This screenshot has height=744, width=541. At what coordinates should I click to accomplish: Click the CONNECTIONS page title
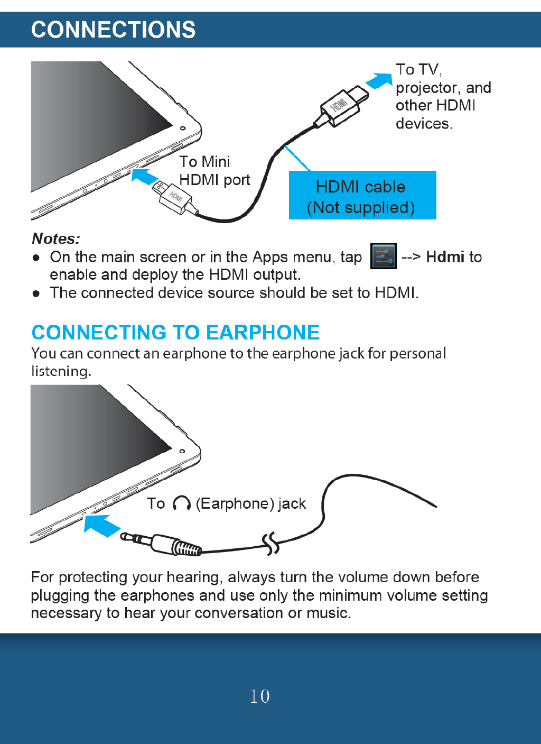coord(113,30)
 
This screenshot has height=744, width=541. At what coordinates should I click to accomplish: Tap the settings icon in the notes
coord(383,256)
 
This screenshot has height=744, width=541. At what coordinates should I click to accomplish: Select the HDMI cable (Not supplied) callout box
coord(362,195)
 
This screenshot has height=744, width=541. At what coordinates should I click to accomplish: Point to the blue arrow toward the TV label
coord(379,80)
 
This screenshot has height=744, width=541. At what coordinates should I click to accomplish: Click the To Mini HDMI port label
coord(213,171)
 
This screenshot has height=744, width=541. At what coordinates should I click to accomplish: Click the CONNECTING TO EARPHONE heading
coord(175,333)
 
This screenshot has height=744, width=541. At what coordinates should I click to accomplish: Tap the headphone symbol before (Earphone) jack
coord(181,503)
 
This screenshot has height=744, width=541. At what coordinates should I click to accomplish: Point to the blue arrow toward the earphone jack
coord(102,525)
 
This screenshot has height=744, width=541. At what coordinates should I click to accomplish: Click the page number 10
coord(260,696)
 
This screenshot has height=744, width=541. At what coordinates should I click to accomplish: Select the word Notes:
coord(56,238)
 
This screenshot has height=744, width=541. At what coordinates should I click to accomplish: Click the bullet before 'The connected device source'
coord(36,293)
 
